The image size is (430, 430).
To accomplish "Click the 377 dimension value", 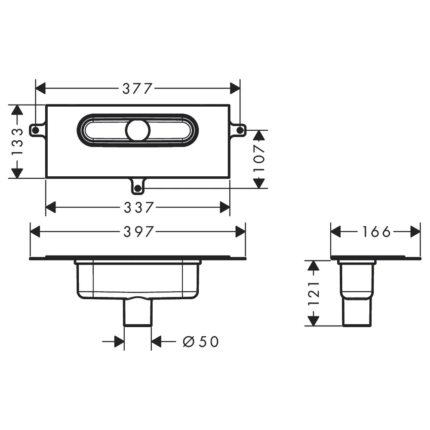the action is click(137, 89).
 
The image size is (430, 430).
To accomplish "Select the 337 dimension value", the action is click(138, 207).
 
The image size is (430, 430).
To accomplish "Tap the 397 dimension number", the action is click(138, 232).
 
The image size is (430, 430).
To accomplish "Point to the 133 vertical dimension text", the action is click(17, 141).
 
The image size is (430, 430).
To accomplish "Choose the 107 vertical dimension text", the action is click(259, 159).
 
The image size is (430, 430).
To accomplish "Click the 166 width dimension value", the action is click(376, 232).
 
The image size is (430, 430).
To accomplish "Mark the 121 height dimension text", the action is click(313, 293).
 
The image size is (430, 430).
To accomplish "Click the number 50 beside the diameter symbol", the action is click(209, 342).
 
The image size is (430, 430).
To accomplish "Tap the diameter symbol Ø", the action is click(188, 342).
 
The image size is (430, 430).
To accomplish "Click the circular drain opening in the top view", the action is click(138, 131).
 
